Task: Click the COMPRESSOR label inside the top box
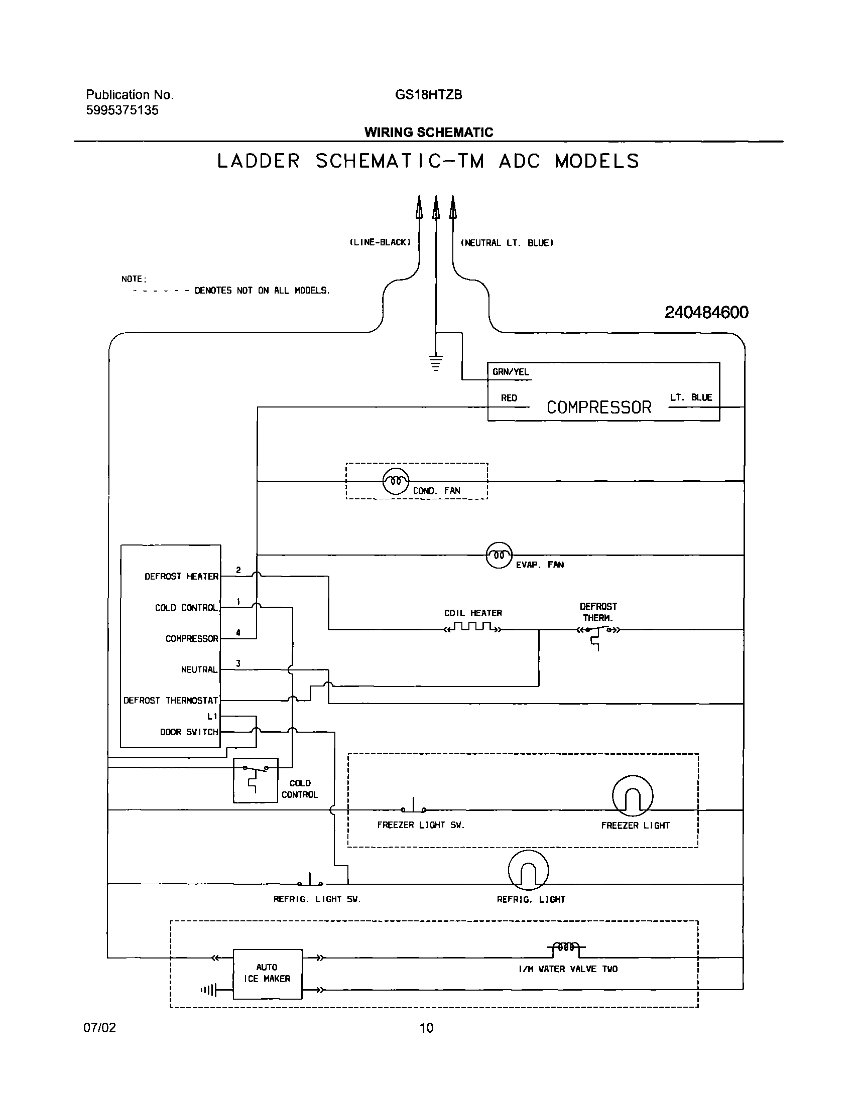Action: tap(598, 407)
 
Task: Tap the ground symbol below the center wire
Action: tap(436, 362)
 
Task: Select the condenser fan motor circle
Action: tap(396, 481)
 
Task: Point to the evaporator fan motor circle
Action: tap(499, 555)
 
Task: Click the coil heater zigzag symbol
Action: tap(472, 627)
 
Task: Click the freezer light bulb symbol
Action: tap(632, 795)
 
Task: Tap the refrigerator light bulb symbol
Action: tap(528, 870)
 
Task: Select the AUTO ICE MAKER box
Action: tap(267, 974)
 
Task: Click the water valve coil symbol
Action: tap(566, 947)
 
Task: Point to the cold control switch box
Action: tap(255, 780)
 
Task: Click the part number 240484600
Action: tap(706, 313)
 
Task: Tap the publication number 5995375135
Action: tap(122, 110)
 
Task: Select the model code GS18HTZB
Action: tap(428, 95)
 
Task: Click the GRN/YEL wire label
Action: tap(511, 372)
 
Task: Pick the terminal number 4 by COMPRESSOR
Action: tap(238, 632)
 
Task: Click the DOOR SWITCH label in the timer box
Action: tap(189, 732)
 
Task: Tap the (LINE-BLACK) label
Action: tap(380, 242)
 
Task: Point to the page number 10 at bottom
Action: tap(426, 1028)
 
